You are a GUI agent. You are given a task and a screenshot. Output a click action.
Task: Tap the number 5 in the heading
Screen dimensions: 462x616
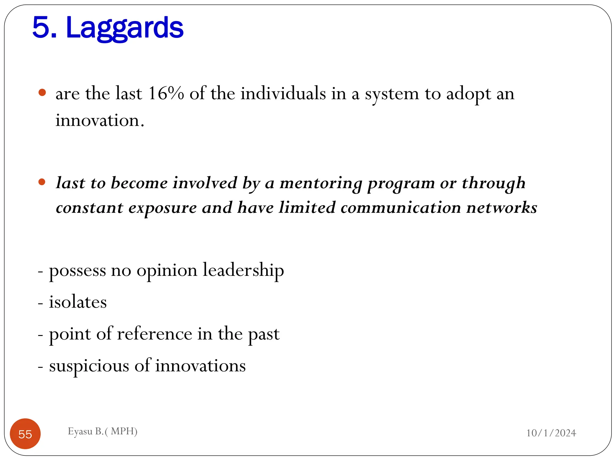[41, 28]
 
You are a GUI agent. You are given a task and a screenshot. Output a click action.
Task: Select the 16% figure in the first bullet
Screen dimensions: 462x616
[166, 93]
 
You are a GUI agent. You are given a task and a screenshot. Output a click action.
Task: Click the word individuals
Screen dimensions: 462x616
[283, 93]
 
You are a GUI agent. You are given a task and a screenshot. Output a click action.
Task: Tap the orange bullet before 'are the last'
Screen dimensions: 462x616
[42, 93]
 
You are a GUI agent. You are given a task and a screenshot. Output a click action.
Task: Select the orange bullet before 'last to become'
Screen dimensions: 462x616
[42, 182]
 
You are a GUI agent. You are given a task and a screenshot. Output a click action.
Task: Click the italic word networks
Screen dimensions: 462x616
[501, 208]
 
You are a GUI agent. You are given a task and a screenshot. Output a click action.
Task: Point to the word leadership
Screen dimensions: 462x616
[243, 270]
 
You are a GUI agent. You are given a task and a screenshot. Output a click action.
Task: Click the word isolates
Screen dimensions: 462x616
[78, 302]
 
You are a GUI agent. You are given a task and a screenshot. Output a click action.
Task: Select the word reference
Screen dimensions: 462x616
[154, 334]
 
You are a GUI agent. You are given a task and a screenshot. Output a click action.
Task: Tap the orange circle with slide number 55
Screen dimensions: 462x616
[25, 434]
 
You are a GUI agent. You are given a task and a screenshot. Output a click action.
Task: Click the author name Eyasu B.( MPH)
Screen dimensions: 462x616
[103, 431]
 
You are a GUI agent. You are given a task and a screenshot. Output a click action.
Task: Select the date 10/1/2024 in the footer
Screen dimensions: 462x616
[551, 433]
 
